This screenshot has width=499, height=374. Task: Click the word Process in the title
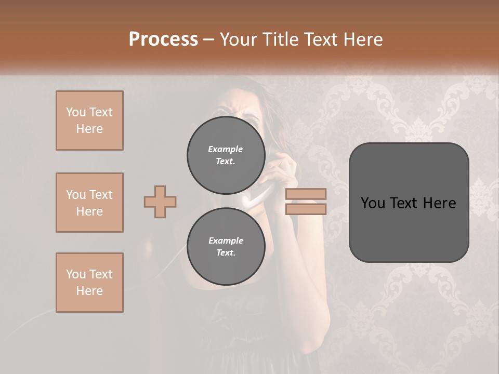(163, 39)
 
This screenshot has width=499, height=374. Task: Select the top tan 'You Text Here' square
(89, 121)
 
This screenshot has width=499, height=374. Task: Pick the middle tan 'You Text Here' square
(89, 203)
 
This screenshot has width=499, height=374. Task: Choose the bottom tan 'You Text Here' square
(89, 283)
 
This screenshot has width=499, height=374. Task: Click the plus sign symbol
(160, 202)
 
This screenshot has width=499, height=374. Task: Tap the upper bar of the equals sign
(306, 194)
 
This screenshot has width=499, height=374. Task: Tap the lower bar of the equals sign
(306, 209)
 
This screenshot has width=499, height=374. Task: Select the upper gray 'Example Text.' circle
(226, 155)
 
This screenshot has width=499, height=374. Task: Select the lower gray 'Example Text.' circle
(226, 246)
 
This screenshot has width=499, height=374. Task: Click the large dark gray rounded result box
(409, 203)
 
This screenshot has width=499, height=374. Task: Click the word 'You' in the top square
(75, 112)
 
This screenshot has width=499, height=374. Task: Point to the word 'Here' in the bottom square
(89, 291)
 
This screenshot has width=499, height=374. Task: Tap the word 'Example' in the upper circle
(226, 149)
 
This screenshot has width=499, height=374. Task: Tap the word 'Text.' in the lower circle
(226, 252)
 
